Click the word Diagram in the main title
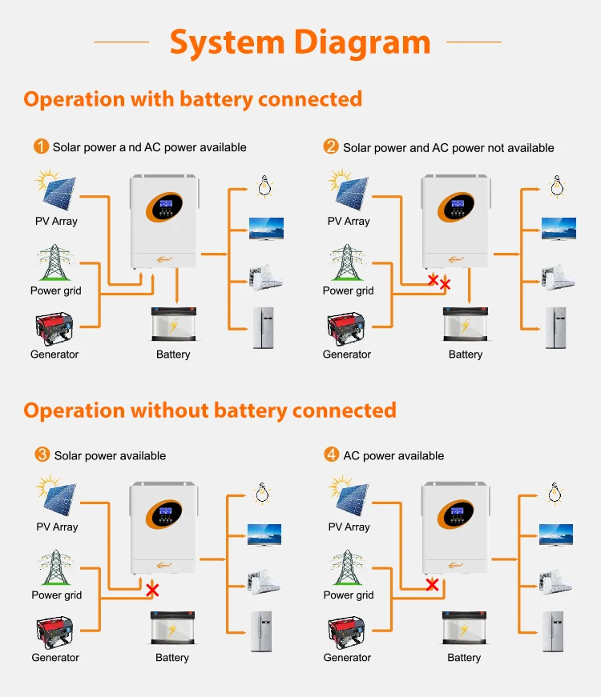362,43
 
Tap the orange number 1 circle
42,146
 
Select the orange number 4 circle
331,455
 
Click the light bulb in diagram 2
557,186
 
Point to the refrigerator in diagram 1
264,327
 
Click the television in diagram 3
264,535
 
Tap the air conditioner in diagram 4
555,582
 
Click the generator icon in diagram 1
54,329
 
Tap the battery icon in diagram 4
464,627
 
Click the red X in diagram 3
152,591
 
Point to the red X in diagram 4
432,584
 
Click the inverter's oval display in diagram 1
164,206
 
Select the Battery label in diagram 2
466,355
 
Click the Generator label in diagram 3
55,658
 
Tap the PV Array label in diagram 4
349,527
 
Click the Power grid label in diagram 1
55,290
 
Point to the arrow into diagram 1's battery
177,286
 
